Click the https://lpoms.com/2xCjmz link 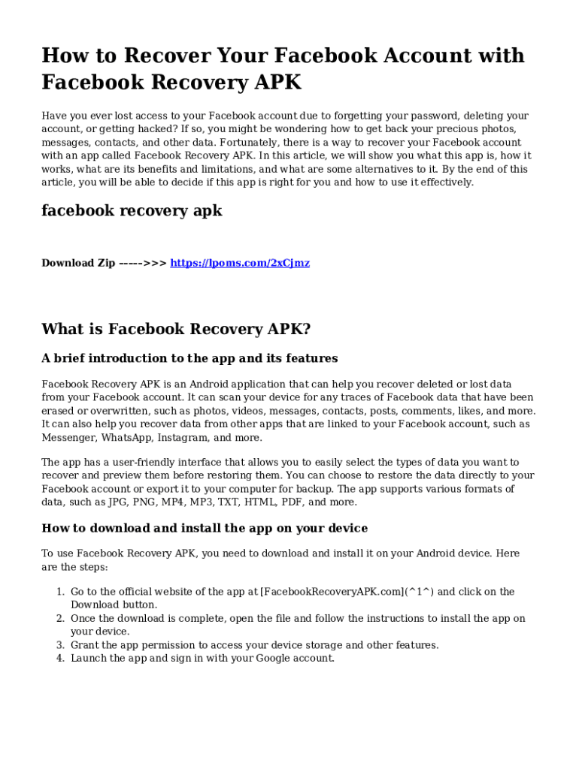(240, 263)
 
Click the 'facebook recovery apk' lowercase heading (132, 211)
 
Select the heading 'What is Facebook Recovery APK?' (176, 329)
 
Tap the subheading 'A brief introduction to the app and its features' (189, 358)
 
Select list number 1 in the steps (60, 592)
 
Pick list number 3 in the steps (60, 645)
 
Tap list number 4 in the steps (60, 659)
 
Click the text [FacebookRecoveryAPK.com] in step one (332, 592)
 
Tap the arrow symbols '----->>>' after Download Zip (143, 263)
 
